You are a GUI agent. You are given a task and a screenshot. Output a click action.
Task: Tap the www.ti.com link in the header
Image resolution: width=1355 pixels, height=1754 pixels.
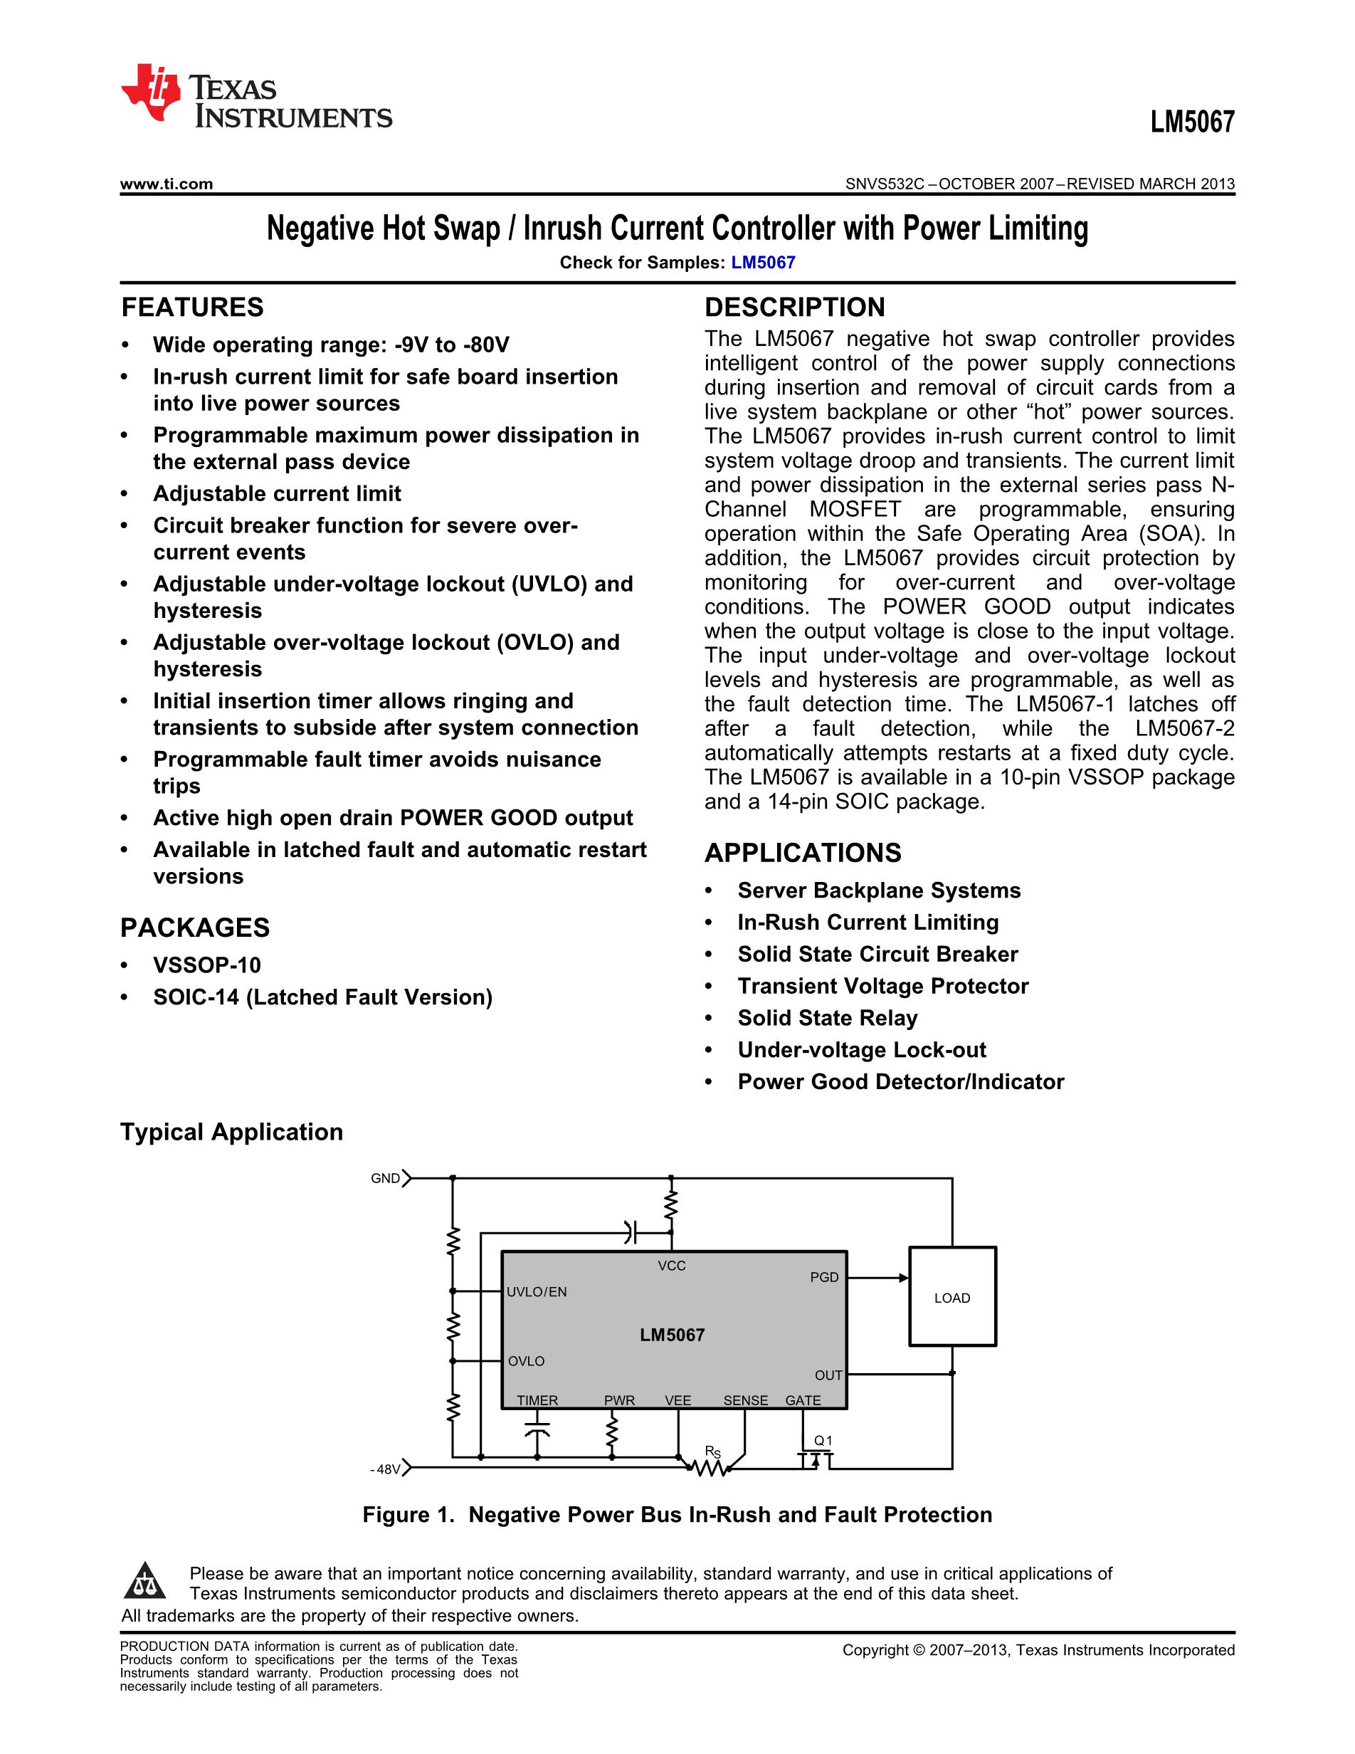coord(166,184)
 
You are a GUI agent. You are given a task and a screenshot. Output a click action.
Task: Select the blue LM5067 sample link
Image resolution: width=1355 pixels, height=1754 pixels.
coord(763,263)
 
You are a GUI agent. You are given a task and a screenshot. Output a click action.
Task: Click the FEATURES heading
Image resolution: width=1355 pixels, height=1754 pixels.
coord(192,308)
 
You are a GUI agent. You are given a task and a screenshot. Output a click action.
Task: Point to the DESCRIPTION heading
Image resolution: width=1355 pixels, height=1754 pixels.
coord(794,308)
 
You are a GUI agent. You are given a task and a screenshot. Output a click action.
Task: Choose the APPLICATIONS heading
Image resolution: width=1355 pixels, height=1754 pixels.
coord(802,853)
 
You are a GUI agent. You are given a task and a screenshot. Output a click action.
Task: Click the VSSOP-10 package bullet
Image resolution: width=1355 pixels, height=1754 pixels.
coord(206,965)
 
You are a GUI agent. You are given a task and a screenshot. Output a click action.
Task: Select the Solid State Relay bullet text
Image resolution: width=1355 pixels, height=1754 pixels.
coord(827,1019)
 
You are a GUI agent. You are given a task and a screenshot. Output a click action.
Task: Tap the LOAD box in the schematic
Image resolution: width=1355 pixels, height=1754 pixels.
coord(952,1297)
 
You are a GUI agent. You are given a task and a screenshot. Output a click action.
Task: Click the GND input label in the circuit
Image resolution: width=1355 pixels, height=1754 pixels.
coord(385,1179)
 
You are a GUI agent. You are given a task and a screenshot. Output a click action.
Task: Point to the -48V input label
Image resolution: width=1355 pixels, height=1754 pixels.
coord(385,1470)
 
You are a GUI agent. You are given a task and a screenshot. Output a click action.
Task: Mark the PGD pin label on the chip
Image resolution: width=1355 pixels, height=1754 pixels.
coord(823,1278)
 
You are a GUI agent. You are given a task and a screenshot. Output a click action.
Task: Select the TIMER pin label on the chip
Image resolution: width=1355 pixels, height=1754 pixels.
coord(537,1401)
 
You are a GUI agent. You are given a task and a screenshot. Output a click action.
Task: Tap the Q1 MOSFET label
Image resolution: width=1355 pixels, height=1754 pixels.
coord(823,1441)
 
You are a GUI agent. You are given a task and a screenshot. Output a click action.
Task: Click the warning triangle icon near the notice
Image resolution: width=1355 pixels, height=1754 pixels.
coord(144,1581)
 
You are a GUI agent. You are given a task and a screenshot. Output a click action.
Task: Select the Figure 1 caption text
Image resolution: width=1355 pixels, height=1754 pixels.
coord(677,1516)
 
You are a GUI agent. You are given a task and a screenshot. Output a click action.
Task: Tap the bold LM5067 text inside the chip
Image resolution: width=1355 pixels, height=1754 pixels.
coord(672,1335)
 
